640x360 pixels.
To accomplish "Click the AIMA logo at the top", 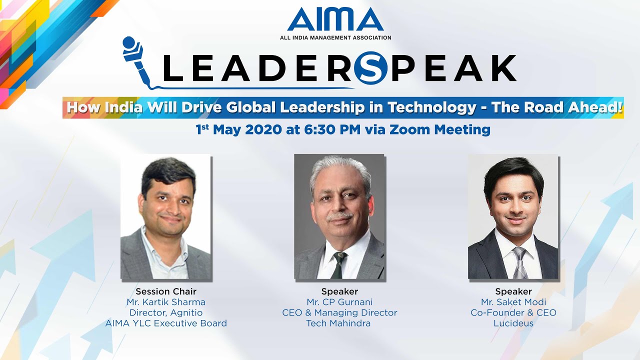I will click(335, 20).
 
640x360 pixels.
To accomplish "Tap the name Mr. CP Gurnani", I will click(339, 302).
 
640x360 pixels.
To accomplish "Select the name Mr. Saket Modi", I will click(513, 302).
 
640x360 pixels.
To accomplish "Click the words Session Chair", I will click(166, 291).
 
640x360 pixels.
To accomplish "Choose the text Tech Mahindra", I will click(339, 323).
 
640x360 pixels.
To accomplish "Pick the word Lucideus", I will click(513, 323).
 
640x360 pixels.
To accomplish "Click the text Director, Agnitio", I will click(166, 312).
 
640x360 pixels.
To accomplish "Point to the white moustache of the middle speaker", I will click(340, 216).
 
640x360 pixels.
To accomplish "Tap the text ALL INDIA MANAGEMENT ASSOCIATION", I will click(335, 37).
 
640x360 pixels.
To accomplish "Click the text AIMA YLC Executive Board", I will click(166, 323).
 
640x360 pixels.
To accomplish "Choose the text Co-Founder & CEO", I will click(513, 312).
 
